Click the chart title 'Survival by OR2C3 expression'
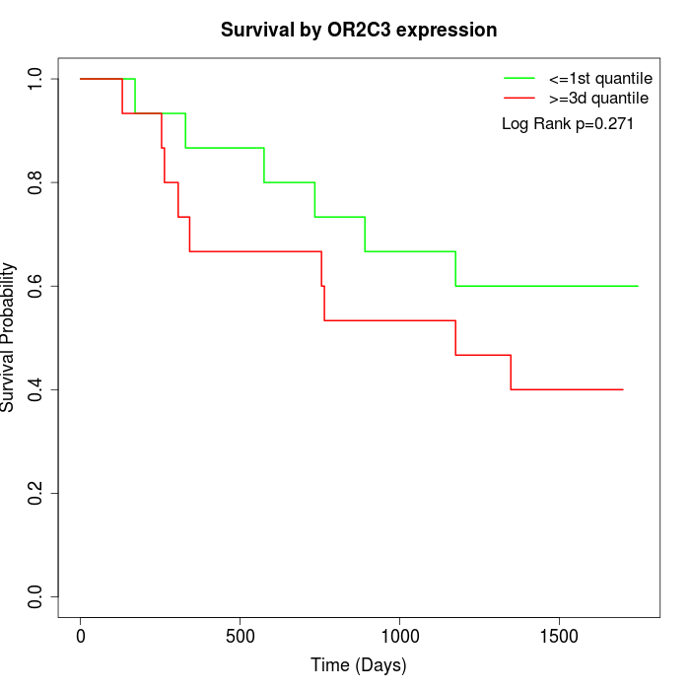[358, 30]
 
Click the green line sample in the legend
[519, 78]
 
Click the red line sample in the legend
[519, 99]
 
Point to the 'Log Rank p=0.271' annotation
[567, 124]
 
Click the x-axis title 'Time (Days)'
[358, 665]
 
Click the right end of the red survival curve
[623, 389]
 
